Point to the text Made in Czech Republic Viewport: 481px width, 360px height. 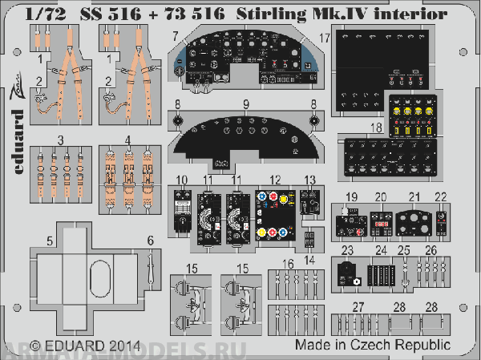371,344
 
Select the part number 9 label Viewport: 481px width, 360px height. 247,103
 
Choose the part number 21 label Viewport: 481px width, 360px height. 414,197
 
